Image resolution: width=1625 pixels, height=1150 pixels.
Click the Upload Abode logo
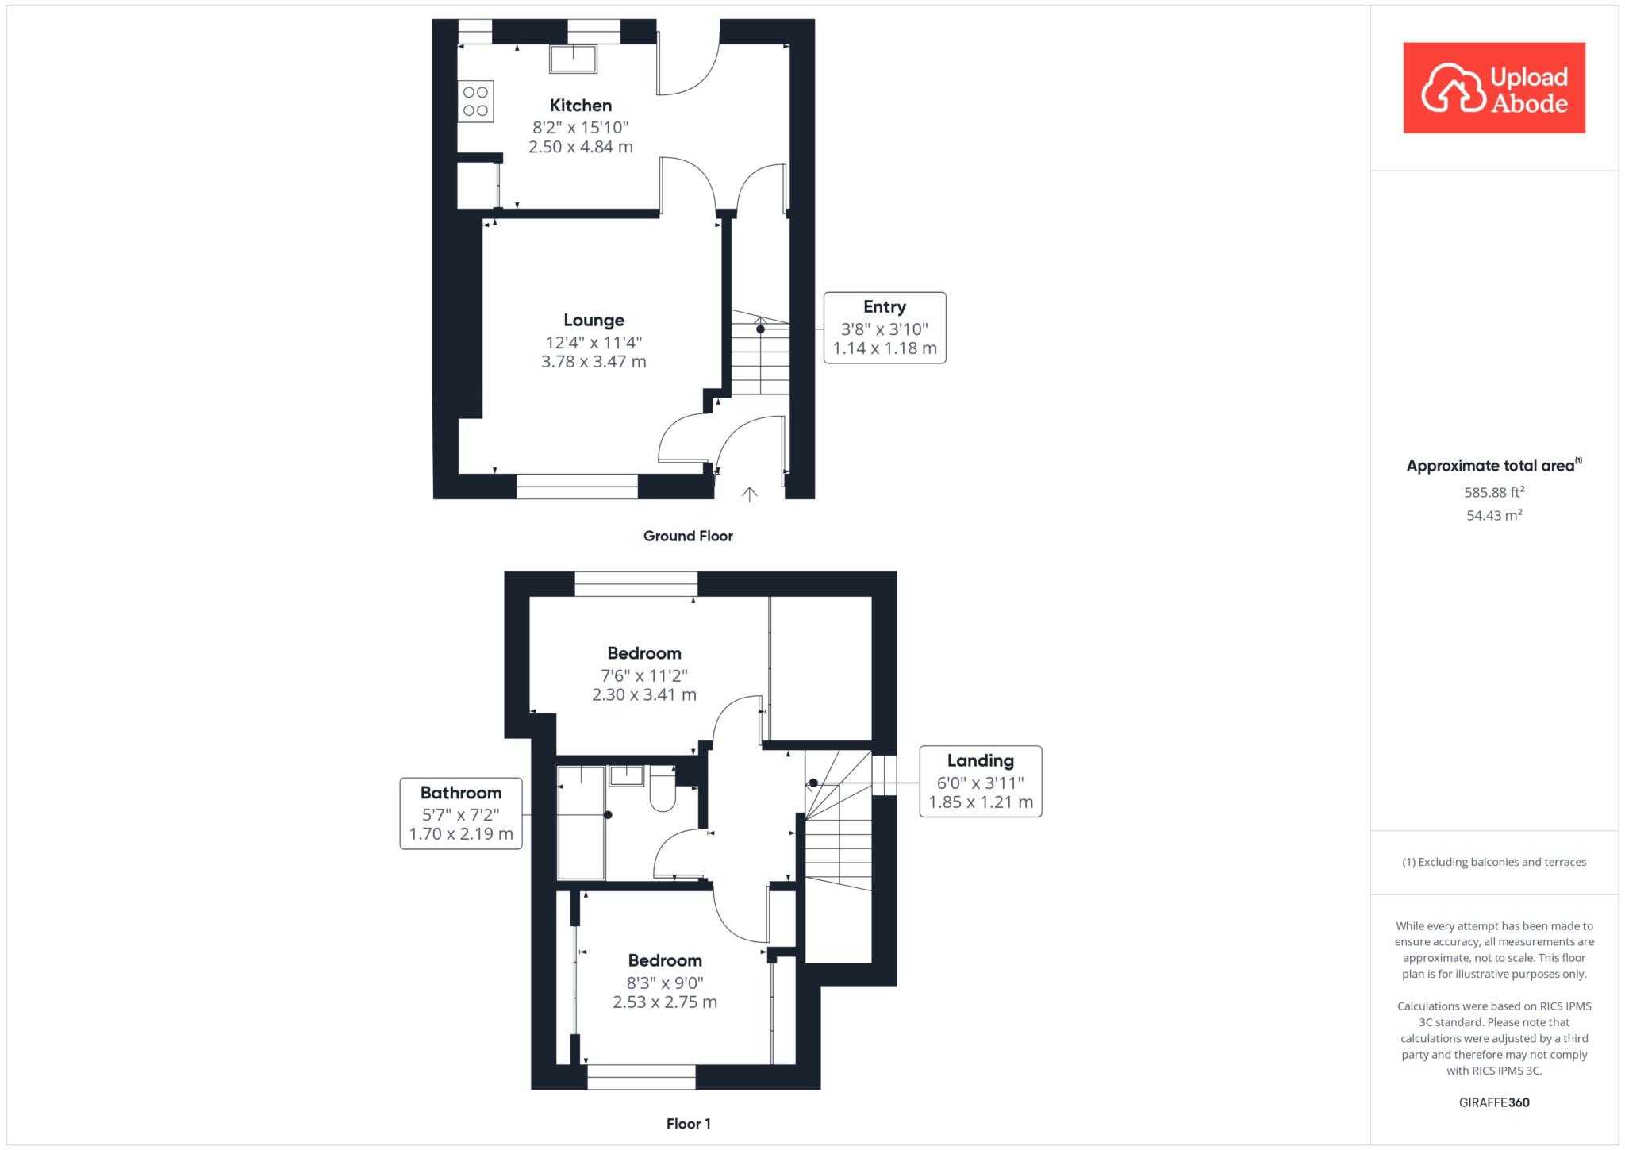point(1494,88)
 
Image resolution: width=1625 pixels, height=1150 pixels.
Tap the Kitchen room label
point(581,106)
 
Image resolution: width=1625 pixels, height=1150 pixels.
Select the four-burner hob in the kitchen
point(475,102)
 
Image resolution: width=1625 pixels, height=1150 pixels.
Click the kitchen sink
point(573,59)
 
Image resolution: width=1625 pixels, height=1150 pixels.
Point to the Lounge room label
point(594,321)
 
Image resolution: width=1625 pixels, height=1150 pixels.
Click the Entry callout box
point(885,328)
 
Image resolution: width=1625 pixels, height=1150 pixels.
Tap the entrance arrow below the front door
point(749,494)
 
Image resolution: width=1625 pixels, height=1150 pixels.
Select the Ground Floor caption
point(688,536)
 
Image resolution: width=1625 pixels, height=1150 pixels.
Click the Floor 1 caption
point(688,1124)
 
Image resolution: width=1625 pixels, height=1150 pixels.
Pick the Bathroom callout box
point(461,813)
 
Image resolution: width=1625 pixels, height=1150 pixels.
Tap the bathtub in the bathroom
point(582,823)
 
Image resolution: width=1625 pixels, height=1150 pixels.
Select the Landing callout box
point(981,782)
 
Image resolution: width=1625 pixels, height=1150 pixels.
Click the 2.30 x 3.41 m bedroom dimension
point(644,695)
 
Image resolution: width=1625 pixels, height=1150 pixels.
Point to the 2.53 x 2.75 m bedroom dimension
point(665,1002)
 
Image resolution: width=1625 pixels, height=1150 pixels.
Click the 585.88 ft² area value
point(1494,492)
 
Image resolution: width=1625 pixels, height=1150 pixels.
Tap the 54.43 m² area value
point(1494,515)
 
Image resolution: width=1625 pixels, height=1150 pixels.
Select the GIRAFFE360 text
point(1494,1102)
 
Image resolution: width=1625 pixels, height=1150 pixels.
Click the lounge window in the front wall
point(577,487)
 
